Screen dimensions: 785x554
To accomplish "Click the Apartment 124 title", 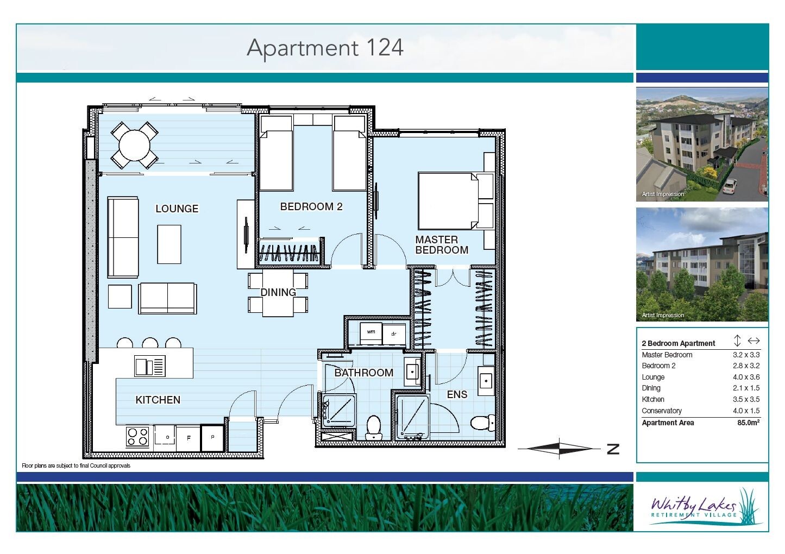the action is click(325, 48).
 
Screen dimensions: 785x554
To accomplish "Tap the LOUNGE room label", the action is click(177, 209).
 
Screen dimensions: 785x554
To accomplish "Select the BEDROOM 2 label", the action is click(311, 206).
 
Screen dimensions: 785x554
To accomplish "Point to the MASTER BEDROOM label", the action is click(442, 244).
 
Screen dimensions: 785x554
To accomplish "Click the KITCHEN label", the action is click(158, 400).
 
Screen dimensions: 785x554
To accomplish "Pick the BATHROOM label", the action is click(364, 373).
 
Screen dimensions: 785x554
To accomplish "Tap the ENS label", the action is click(457, 394).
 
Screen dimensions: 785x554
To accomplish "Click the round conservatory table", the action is click(135, 145).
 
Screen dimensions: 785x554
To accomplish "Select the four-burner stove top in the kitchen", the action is click(137, 437).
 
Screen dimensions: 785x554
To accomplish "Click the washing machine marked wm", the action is click(371, 333).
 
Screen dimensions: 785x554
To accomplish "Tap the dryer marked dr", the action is click(394, 334).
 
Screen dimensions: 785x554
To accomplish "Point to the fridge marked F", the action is click(189, 438).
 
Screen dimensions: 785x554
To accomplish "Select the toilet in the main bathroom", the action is click(374, 427).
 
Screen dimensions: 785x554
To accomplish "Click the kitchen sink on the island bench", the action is click(149, 366).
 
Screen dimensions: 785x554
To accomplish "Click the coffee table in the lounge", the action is click(169, 244).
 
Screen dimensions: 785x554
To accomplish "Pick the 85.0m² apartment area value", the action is click(748, 423).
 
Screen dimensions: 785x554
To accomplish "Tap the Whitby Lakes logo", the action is click(702, 507).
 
